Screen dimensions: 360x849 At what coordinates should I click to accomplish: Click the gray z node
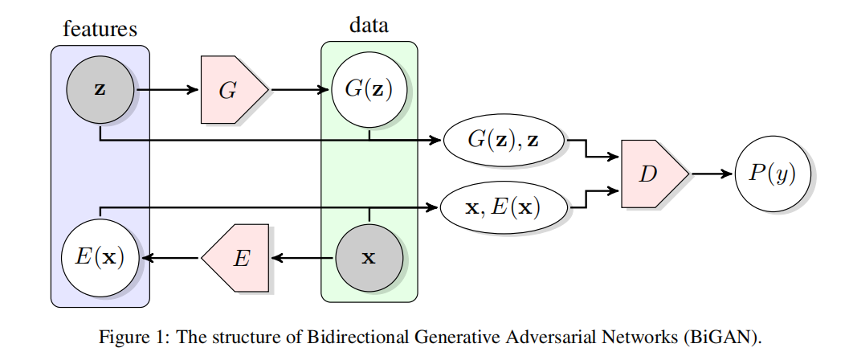(x=100, y=89)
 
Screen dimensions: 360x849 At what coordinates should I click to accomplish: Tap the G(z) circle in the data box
(x=369, y=89)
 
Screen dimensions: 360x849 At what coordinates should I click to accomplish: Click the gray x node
(x=369, y=258)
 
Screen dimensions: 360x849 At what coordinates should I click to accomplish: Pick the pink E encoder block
(x=237, y=258)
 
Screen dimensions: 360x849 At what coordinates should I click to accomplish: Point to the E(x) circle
(x=100, y=258)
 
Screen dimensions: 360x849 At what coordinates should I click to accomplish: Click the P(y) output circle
(x=773, y=174)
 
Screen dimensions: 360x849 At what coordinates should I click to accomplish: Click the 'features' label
(x=100, y=30)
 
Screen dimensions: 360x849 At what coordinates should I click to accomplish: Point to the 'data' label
(x=369, y=25)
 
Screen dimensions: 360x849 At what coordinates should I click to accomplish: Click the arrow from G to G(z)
(x=299, y=90)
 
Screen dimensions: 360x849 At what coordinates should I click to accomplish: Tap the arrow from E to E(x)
(x=170, y=258)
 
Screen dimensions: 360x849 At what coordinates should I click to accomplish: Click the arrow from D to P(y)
(x=710, y=174)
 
